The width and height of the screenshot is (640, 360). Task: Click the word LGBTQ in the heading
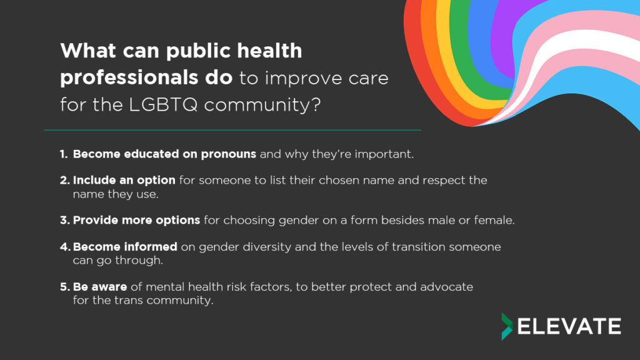163,104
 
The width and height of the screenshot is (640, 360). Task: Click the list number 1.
64,154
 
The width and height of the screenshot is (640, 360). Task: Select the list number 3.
65,221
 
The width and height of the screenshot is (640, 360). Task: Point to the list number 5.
65,287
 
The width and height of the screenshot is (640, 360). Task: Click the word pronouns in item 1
229,155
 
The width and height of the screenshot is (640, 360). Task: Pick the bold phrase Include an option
124,181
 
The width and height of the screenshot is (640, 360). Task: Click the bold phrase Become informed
125,247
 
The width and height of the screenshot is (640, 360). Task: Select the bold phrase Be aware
100,287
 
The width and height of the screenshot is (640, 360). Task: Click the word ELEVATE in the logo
569,326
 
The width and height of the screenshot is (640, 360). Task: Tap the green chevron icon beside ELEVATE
506,326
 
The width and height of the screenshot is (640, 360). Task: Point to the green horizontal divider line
232,130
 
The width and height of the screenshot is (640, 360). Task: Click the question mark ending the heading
316,104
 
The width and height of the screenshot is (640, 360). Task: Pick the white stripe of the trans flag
579,45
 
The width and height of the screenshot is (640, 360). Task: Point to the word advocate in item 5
446,287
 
